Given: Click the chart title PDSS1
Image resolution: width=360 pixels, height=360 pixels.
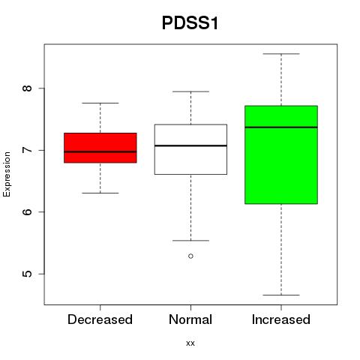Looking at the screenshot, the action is coord(190,23).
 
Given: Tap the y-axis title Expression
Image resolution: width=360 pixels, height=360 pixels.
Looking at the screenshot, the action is coord(7,174).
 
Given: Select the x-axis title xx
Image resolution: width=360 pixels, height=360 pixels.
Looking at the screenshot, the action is coord(190,343).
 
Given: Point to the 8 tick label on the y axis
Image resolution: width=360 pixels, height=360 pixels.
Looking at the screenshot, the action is coord(28,88).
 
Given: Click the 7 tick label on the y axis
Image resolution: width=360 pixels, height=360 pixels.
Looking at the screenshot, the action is coord(28,150).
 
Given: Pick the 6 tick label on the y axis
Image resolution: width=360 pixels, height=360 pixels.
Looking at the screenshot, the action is coord(28,211).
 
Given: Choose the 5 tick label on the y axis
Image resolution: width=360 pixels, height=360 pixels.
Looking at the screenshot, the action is coord(28,274).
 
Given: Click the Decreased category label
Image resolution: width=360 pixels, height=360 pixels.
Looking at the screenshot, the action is coord(100,319).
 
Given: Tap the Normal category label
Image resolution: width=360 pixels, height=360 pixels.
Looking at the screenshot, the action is coord(190,319).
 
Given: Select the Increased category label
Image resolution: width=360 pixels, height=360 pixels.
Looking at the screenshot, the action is coord(281,319).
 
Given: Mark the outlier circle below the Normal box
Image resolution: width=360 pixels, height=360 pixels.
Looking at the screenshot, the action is coord(190,256).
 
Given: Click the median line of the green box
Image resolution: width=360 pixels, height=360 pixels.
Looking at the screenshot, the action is coord(281,127).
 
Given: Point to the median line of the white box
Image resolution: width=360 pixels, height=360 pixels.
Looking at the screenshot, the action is coord(190,145).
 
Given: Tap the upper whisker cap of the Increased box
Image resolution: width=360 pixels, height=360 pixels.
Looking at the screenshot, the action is coord(281,54).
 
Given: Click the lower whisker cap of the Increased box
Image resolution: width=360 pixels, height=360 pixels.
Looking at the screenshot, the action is coord(281,295).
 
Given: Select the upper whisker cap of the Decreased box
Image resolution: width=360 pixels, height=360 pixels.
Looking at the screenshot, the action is coord(100,103).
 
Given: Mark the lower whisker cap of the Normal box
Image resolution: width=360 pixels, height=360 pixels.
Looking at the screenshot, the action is coord(190,241).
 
